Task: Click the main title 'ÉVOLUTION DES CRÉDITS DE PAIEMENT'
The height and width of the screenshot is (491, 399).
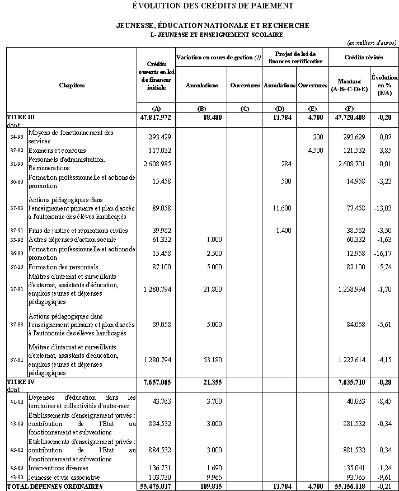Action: (213, 6)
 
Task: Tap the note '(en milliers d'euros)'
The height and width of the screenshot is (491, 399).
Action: (372, 43)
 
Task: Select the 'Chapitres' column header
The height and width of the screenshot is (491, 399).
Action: (72, 85)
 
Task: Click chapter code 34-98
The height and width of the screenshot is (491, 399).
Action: (17, 137)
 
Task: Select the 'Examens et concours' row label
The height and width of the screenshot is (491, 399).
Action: (57, 151)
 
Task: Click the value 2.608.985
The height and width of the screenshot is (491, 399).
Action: (157, 163)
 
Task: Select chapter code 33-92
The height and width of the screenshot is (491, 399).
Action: (17, 240)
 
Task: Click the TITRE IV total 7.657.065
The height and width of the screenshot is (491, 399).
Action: (156, 382)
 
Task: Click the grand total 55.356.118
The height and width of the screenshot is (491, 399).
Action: (348, 487)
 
